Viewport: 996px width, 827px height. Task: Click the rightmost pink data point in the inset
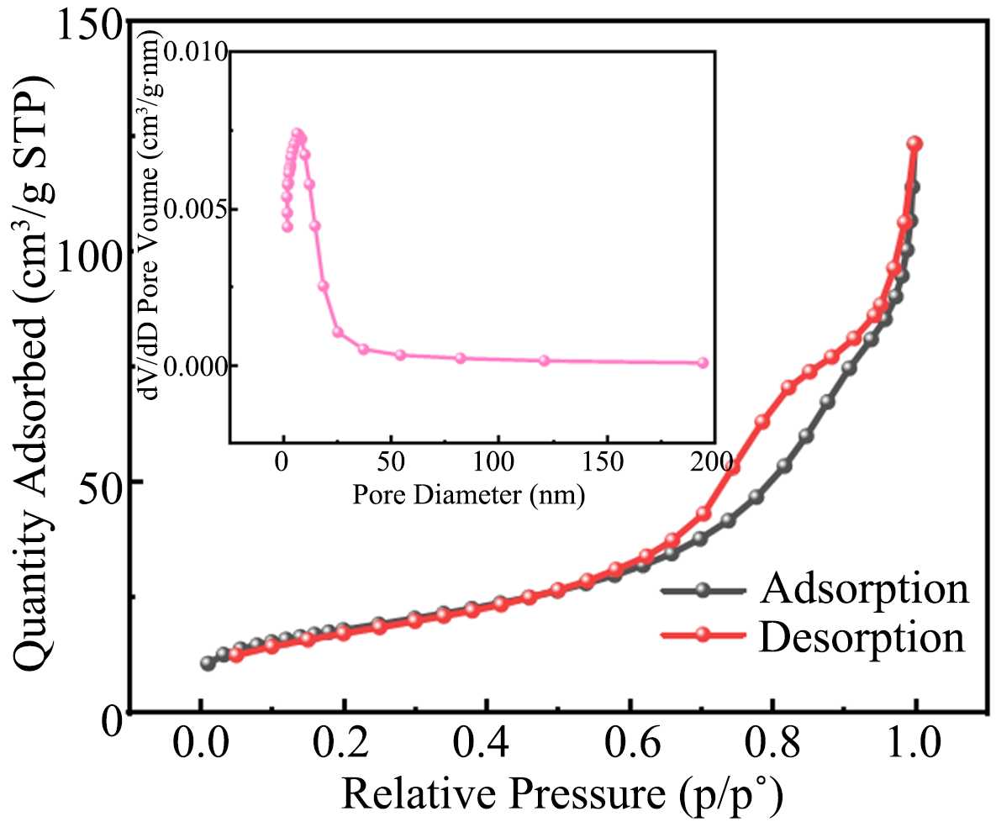pyautogui.click(x=703, y=363)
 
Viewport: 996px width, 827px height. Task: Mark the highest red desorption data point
pyautogui.click(x=915, y=144)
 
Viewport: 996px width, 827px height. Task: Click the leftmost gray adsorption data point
pyautogui.click(x=208, y=663)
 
